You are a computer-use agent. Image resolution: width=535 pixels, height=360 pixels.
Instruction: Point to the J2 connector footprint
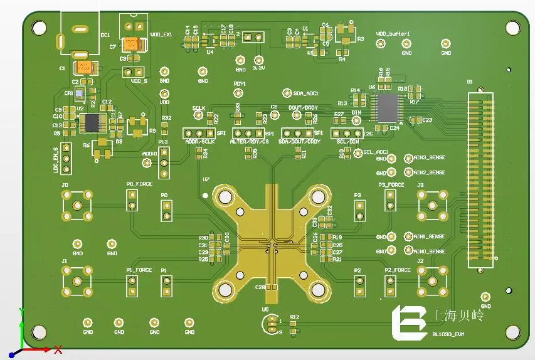(x=433, y=280)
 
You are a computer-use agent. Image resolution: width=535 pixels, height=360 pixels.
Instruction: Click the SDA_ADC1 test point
(x=287, y=93)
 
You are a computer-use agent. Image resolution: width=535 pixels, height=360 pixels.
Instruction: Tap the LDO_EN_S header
(x=66, y=161)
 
